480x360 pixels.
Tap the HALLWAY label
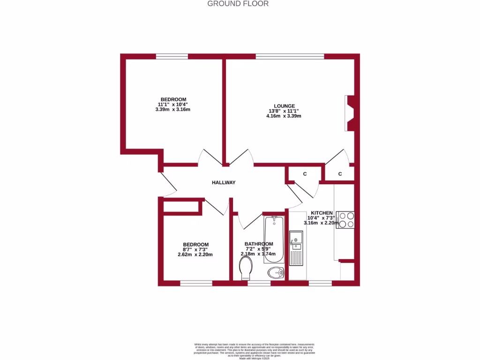224,183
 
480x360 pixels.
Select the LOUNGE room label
285,106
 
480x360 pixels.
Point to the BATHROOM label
259,244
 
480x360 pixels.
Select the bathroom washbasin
276,272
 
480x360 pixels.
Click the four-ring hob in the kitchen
345,220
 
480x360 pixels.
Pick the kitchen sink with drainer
296,253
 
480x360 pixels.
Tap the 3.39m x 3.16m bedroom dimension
173,110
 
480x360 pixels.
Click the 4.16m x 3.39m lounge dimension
285,116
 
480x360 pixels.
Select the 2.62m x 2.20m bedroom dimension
195,255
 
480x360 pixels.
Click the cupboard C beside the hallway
305,174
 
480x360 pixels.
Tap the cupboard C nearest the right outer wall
340,174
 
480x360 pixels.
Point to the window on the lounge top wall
290,57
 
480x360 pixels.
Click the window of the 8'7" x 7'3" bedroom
196,283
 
